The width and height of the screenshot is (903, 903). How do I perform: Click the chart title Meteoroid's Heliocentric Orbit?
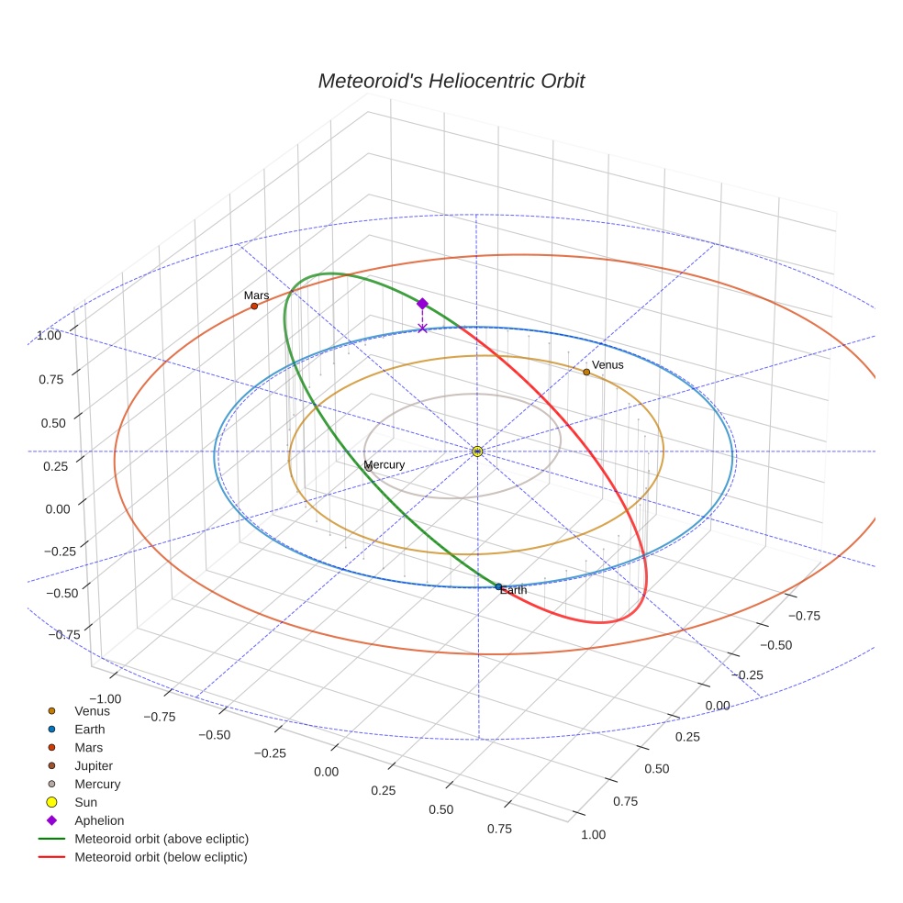click(451, 81)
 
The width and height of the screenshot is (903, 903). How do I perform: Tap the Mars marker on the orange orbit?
click(254, 306)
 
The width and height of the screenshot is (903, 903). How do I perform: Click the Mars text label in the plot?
click(256, 295)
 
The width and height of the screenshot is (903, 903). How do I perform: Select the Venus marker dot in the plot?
click(586, 372)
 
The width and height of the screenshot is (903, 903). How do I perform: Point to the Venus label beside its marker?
click(608, 365)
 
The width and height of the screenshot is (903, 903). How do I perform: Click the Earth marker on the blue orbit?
click(498, 586)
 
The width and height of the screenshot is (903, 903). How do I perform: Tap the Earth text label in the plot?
click(514, 591)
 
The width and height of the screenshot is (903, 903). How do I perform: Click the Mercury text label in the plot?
click(385, 465)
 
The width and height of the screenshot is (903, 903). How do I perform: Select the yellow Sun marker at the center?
click(477, 451)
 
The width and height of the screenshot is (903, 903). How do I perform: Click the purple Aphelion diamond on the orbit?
click(422, 304)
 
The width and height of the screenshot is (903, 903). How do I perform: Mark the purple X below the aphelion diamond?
click(422, 328)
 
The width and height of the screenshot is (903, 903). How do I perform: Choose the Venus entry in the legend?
click(92, 711)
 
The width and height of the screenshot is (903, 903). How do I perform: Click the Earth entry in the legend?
click(89, 730)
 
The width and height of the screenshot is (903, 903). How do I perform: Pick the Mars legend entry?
click(88, 748)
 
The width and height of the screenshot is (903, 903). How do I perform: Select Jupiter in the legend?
click(94, 766)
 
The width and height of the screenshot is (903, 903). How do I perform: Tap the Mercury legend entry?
click(97, 785)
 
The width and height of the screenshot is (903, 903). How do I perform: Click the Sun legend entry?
click(85, 803)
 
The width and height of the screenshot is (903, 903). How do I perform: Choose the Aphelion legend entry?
click(98, 821)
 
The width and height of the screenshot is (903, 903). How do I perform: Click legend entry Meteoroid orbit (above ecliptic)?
click(161, 839)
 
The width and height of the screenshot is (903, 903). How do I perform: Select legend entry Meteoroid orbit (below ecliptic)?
click(161, 857)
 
